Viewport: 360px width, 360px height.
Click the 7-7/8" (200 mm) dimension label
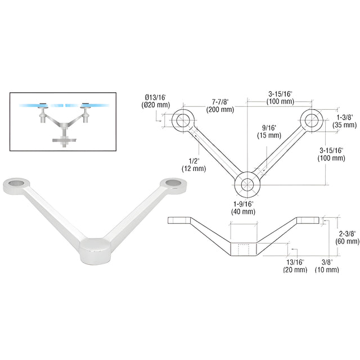tap(220, 105)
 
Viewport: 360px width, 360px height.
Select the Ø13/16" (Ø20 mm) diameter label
tap(156, 101)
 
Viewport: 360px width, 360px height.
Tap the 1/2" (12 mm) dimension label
tap(193, 165)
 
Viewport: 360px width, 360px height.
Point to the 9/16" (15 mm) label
tap(269, 132)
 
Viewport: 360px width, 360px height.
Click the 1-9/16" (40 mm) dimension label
tap(244, 208)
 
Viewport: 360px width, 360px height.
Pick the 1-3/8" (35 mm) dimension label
tap(345, 121)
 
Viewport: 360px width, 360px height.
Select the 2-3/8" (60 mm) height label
tap(347, 237)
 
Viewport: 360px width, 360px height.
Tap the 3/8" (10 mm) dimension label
tap(327, 265)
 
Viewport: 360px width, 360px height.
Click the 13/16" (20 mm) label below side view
tap(295, 265)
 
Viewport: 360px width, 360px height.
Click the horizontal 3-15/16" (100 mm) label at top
tap(280, 97)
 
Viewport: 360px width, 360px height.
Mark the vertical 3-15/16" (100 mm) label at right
tap(331, 154)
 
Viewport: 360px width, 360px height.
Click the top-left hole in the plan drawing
tap(183, 120)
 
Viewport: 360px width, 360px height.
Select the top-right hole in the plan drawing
tap(312, 120)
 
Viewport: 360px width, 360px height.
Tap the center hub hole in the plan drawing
tap(247, 184)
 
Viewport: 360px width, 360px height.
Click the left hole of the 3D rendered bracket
tap(16, 183)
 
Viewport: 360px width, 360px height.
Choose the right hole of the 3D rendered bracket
tap(173, 182)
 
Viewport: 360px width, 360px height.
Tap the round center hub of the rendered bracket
tap(95, 251)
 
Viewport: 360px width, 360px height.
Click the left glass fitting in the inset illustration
tap(43, 112)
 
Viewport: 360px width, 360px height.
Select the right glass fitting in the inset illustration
tap(85, 112)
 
